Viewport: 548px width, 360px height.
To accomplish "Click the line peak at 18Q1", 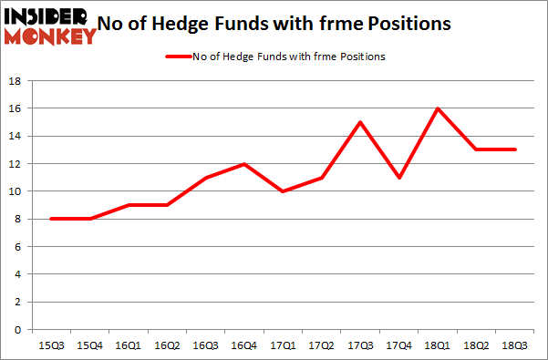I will pyautogui.click(x=438, y=108).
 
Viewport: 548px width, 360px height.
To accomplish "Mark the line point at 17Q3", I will pyautogui.click(x=360, y=122).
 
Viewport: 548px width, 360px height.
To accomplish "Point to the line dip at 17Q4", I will pyautogui.click(x=399, y=177).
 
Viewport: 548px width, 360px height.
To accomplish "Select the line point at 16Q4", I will pyautogui.click(x=243, y=164).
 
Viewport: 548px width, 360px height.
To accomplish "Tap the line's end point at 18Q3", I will pyautogui.click(x=516, y=149).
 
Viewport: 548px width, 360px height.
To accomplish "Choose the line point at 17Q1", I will pyautogui.click(x=283, y=191).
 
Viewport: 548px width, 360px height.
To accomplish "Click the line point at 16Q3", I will pyautogui.click(x=205, y=178).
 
